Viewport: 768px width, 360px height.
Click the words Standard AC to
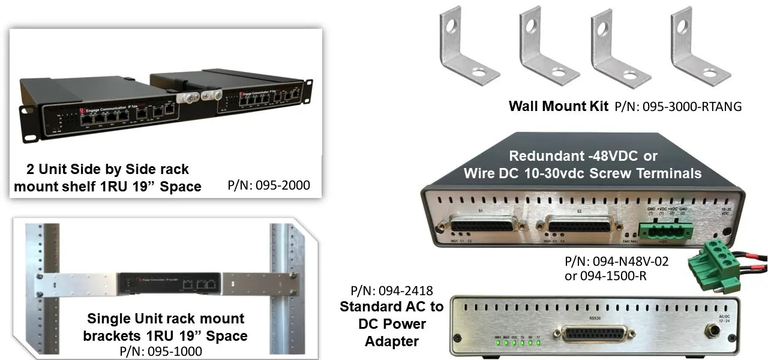click(x=392, y=307)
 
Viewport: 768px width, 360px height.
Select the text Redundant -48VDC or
click(x=583, y=156)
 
